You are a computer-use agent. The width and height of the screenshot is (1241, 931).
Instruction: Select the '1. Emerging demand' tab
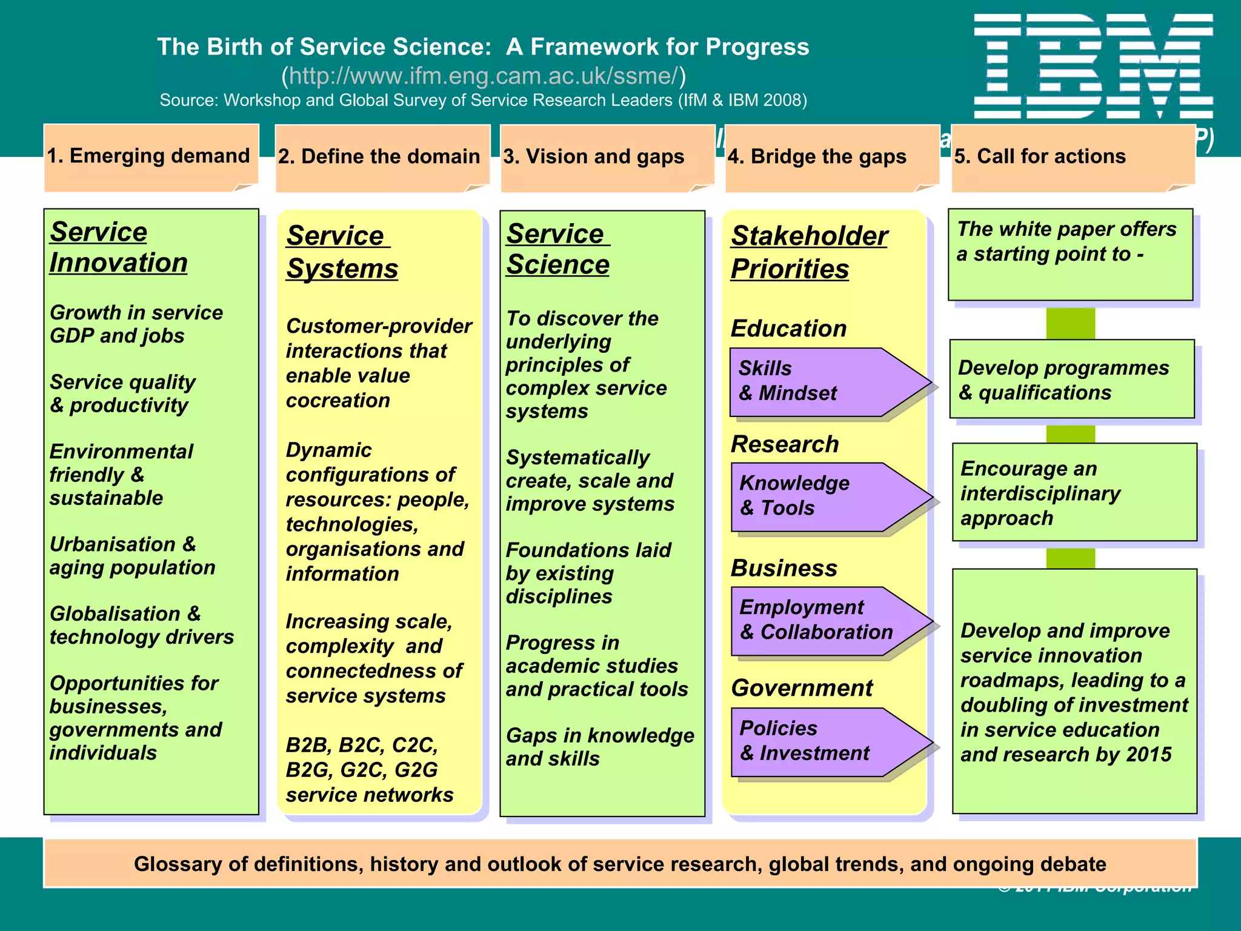(x=149, y=156)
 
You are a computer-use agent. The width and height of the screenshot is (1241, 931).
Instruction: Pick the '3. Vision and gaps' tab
(x=594, y=157)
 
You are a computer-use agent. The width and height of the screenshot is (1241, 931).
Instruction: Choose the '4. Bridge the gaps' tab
(x=817, y=157)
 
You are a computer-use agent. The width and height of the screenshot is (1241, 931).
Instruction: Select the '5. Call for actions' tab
(x=1040, y=157)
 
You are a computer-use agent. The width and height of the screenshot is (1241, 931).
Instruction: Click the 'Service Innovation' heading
(x=119, y=247)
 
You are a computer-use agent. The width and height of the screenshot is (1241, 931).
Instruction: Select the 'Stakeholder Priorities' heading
(x=808, y=252)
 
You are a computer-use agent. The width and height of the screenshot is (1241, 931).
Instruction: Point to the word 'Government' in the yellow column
(x=802, y=689)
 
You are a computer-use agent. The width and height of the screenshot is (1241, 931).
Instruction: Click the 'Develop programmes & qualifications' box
(x=1071, y=380)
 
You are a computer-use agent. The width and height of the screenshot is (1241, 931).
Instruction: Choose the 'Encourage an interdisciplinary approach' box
(x=1074, y=493)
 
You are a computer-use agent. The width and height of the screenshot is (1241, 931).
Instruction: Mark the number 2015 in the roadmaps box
(x=1149, y=755)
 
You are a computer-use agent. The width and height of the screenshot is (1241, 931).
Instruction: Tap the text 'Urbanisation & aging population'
(x=133, y=556)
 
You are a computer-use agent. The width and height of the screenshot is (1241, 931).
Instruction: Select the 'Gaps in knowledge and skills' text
(x=599, y=747)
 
